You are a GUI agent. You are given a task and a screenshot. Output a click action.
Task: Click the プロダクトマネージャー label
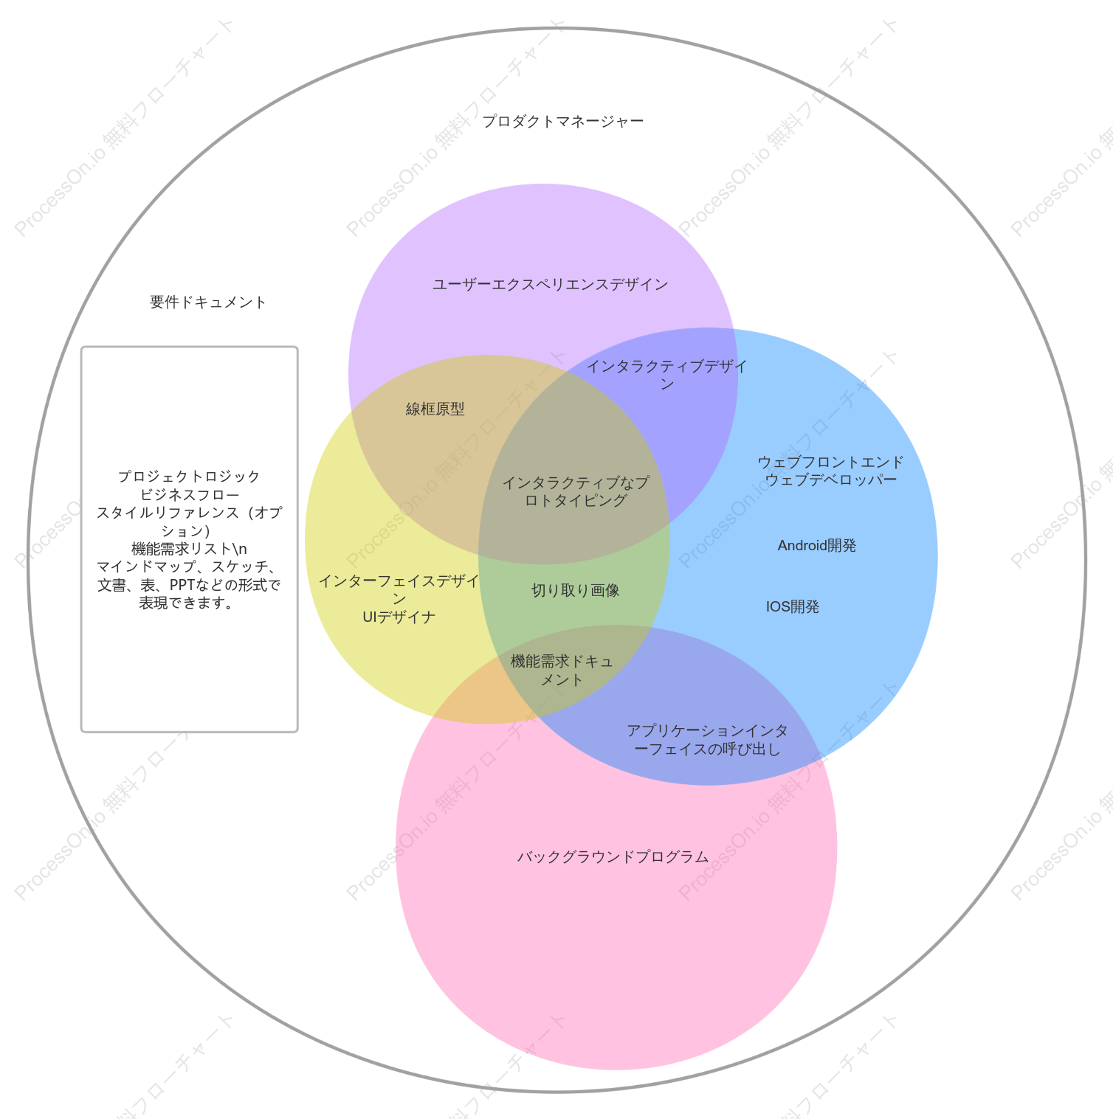coord(562,121)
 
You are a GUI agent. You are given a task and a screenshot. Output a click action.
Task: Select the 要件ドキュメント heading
coord(208,302)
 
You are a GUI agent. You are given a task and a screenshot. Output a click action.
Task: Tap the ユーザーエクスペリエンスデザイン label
coord(550,284)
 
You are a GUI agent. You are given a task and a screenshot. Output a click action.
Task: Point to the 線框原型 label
coord(435,409)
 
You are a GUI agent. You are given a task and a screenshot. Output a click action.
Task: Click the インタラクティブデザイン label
coord(666,375)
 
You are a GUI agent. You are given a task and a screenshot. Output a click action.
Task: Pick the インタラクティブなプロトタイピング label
coord(576,491)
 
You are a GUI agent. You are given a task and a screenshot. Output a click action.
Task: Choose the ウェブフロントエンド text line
coord(830,462)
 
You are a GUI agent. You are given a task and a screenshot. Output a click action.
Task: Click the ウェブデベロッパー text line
coord(830,479)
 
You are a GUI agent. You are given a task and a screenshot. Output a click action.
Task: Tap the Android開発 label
coord(817,545)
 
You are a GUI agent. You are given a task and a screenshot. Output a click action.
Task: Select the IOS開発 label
coord(793,606)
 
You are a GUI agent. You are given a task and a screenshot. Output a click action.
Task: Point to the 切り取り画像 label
coord(576,590)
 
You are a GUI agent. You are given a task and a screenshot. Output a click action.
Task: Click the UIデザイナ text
coord(399,617)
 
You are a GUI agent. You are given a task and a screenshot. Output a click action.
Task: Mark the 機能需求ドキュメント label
coord(562,671)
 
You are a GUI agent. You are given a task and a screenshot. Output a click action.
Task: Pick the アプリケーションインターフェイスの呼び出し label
coord(707,740)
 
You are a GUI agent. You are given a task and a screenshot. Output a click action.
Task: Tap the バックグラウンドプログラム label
coord(613,856)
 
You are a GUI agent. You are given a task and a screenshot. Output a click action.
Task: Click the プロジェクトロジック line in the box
coord(189,477)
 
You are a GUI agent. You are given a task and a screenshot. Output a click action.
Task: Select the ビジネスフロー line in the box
coord(189,494)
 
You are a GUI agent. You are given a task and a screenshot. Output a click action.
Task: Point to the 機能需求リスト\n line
coord(189,549)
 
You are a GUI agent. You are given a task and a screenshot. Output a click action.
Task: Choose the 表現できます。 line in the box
coord(187,603)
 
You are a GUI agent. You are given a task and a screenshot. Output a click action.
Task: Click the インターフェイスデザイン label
coord(399,589)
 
